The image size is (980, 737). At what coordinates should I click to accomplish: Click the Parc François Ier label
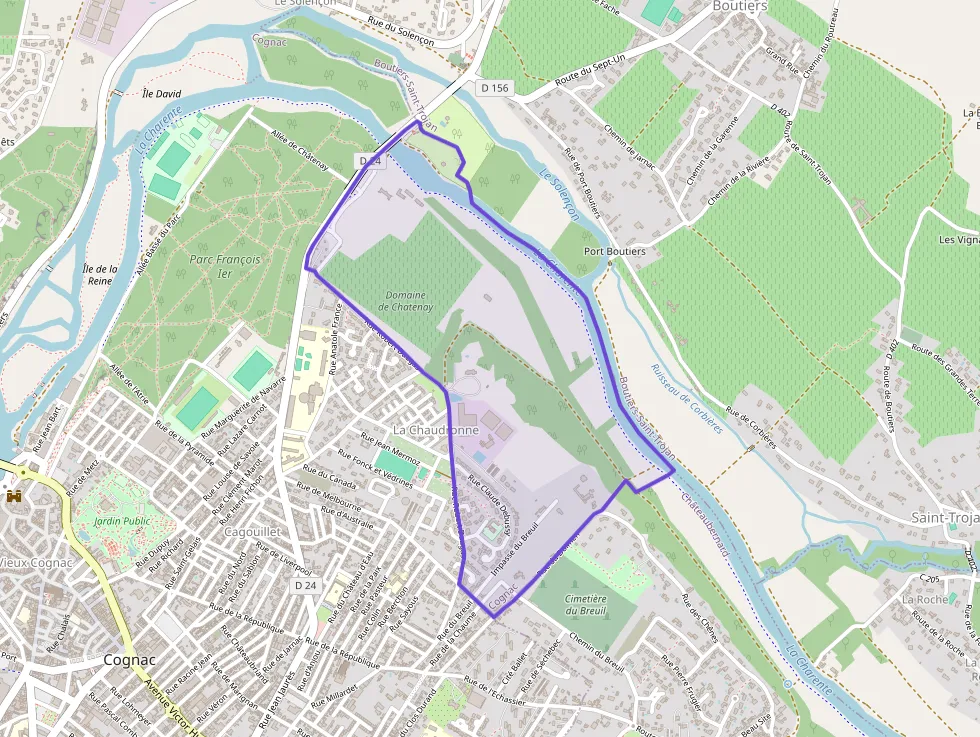point(225,265)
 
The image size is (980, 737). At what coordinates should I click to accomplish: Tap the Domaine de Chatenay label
point(405,301)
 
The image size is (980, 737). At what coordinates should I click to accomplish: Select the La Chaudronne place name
point(436,429)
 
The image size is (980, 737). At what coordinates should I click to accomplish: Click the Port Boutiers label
point(614,251)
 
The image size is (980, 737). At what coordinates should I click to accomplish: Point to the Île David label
point(161,93)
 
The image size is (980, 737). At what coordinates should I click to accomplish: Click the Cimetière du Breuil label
point(586,604)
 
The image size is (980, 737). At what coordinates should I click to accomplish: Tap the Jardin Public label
point(122,521)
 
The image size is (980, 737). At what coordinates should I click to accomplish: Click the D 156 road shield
point(494,88)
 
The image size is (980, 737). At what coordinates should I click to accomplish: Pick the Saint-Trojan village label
point(944,517)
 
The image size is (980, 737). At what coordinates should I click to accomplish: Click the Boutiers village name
point(739,6)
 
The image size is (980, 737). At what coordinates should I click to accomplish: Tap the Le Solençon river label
point(559,194)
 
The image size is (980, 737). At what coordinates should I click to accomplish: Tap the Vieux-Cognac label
point(36,562)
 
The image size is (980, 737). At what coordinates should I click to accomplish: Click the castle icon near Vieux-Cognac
point(14,496)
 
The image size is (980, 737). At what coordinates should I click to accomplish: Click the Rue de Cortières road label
point(751,428)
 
